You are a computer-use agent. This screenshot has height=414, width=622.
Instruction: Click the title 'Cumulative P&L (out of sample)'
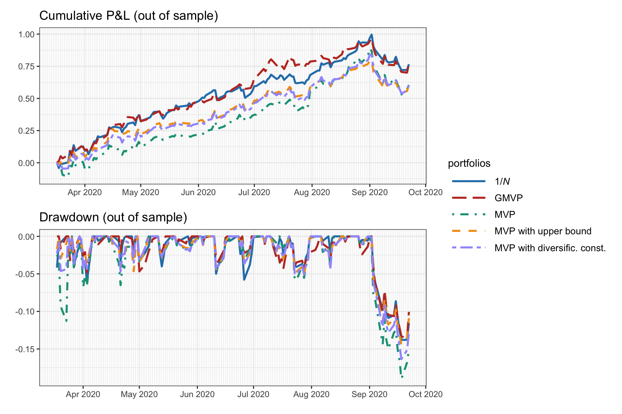click(x=129, y=16)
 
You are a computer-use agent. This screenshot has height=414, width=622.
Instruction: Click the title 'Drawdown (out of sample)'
click(x=113, y=217)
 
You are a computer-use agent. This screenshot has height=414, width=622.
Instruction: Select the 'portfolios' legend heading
click(x=469, y=164)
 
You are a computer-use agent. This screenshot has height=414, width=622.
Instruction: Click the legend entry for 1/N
click(x=502, y=181)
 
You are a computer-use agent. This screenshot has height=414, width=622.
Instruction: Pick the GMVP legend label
click(x=509, y=198)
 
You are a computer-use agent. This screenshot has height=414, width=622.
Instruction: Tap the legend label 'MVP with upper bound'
click(x=543, y=231)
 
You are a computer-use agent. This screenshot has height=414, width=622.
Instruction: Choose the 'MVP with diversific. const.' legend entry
click(x=550, y=248)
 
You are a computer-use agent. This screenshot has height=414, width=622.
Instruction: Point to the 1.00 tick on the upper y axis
click(x=27, y=34)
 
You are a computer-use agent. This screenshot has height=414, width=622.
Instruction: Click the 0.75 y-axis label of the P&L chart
click(x=27, y=66)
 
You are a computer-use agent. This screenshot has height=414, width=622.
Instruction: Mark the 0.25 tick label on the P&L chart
click(x=27, y=131)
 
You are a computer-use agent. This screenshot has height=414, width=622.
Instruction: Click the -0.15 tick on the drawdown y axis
click(x=25, y=349)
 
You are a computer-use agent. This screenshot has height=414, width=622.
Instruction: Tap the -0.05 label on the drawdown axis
click(x=25, y=274)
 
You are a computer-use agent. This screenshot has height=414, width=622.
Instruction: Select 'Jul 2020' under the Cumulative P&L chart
click(x=254, y=193)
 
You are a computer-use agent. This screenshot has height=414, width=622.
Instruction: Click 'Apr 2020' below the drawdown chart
click(x=83, y=395)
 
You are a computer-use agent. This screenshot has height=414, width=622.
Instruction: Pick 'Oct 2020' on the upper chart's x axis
click(x=425, y=193)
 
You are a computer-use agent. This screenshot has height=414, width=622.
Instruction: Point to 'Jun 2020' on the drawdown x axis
click(x=197, y=395)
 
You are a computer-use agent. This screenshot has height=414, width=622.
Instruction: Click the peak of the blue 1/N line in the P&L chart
click(x=371, y=35)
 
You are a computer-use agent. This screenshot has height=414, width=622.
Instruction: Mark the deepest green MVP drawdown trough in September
click(x=402, y=377)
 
